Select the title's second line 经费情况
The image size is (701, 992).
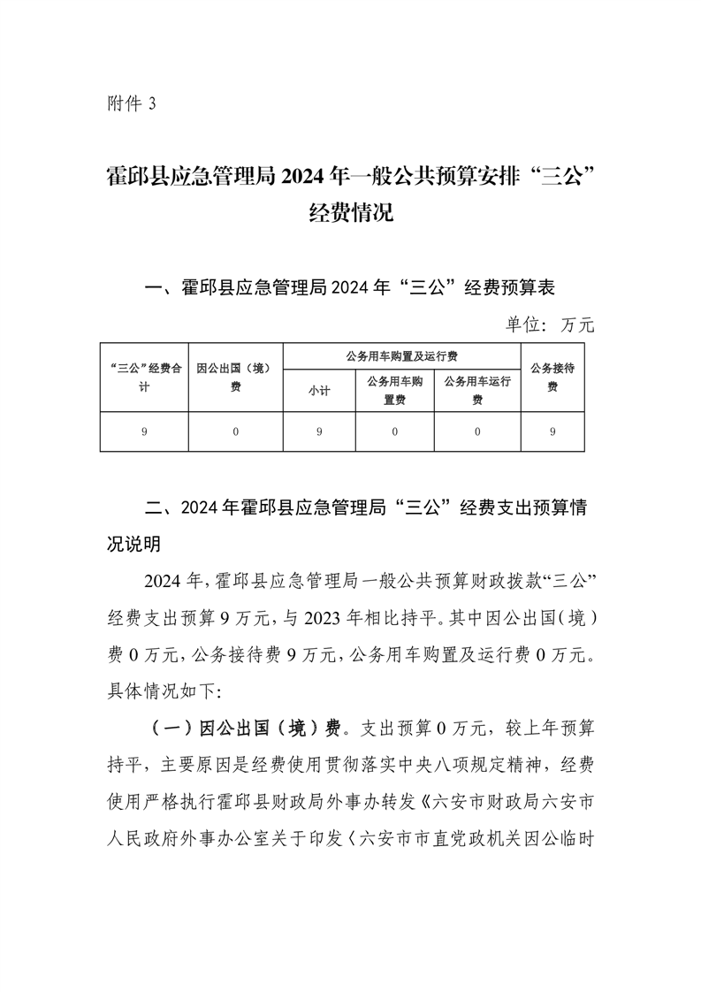coord(350,214)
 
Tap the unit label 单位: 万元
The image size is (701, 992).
coord(550,324)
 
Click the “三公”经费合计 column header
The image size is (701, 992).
coord(144,378)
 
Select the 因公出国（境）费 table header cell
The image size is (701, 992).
coord(235,378)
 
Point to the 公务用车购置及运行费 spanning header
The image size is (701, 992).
coord(401,357)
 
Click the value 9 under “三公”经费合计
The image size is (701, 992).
coord(144,431)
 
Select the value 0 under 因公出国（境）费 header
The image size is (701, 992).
coord(235,431)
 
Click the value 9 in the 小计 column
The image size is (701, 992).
coord(318,431)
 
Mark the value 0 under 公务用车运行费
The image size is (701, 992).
coord(477,431)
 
